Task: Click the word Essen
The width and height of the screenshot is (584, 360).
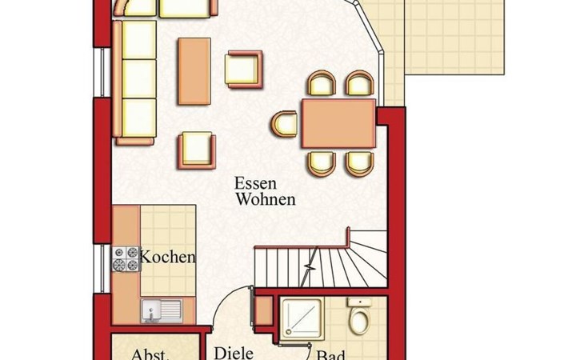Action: click(x=255, y=183)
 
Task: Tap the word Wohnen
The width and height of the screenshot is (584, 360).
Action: click(x=266, y=199)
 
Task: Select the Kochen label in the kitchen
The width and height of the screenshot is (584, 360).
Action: click(x=168, y=257)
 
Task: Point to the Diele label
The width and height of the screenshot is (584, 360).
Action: click(x=234, y=354)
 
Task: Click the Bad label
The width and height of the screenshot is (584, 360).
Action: click(x=330, y=355)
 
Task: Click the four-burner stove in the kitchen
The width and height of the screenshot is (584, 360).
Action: click(x=126, y=258)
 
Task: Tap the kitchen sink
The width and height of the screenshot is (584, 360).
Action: click(x=162, y=311)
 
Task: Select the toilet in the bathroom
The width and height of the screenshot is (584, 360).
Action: click(x=359, y=315)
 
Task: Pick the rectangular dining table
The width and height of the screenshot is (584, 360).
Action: click(x=339, y=123)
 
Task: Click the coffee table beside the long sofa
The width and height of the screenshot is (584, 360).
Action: click(x=194, y=71)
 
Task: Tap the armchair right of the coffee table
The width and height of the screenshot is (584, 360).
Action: click(x=243, y=70)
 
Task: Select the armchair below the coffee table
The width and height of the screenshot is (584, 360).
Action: click(x=197, y=150)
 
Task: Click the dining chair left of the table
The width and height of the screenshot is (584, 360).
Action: click(x=285, y=124)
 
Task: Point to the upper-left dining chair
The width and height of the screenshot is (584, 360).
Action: click(x=322, y=83)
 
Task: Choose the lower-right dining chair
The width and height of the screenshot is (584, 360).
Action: click(x=360, y=163)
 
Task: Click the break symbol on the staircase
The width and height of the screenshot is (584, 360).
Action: click(x=310, y=266)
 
